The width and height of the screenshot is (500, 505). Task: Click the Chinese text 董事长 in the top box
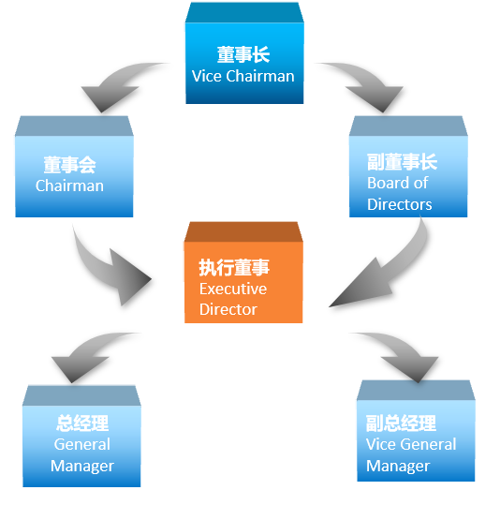[x=243, y=54]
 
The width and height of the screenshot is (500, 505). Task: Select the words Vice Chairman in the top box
[x=243, y=76]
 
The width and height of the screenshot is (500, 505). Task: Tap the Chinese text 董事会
[x=70, y=165]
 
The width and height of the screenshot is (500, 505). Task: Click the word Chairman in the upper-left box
[x=69, y=186]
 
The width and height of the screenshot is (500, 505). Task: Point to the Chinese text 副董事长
[x=402, y=162]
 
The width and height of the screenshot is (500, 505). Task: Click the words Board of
[x=398, y=183]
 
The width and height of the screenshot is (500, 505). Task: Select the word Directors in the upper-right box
[x=400, y=204]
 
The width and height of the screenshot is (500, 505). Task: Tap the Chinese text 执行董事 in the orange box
[x=234, y=267]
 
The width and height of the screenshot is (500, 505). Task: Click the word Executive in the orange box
[x=233, y=289]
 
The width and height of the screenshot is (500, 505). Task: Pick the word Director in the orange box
[x=228, y=309]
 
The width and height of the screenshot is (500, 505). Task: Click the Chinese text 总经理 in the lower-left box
[x=82, y=423]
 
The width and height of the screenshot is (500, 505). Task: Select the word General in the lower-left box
[x=82, y=444]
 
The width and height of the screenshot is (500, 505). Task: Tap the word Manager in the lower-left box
[x=82, y=466]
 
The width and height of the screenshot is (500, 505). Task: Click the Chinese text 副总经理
[x=401, y=423]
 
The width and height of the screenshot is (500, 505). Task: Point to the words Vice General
[x=411, y=444]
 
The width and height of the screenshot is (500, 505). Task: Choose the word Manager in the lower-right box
[x=398, y=466]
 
